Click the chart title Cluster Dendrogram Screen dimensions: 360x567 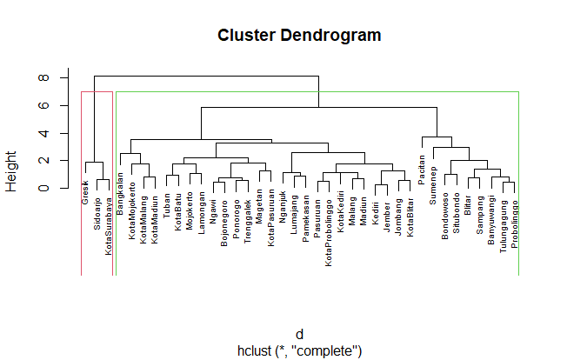pos(299,36)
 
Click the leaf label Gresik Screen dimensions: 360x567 pos(85,190)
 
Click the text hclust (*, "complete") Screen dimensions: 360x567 pos(299,350)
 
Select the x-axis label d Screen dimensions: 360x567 pos(299,336)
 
